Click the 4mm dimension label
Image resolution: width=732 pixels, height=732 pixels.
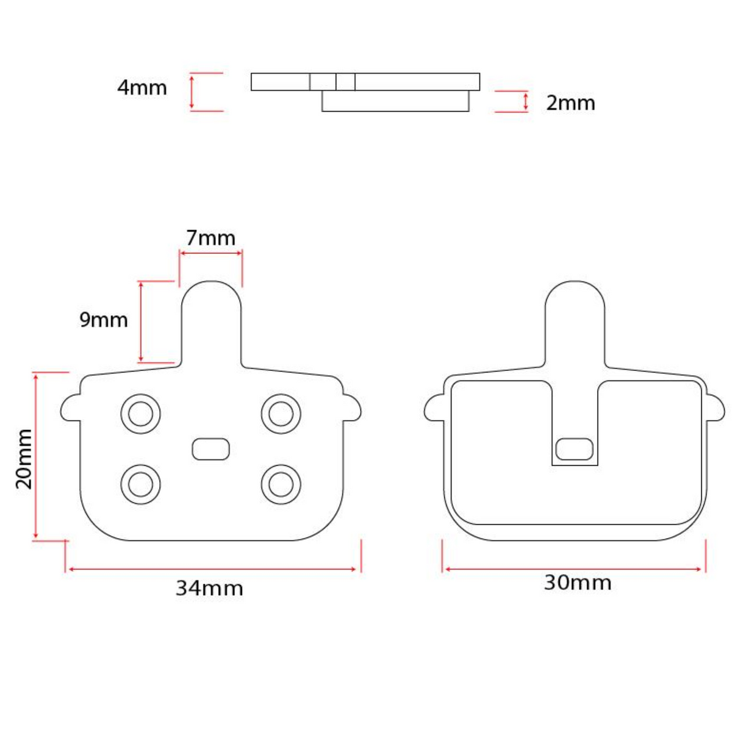(x=142, y=88)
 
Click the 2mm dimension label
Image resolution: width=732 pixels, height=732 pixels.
(x=570, y=103)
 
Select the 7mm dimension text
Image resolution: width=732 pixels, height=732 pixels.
(x=210, y=238)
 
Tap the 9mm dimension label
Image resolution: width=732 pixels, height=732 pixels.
(x=104, y=320)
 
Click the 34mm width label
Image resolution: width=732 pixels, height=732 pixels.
(x=209, y=588)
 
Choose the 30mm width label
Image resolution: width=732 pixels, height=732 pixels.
(x=577, y=583)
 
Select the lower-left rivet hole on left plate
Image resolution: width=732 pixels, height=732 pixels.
(x=141, y=484)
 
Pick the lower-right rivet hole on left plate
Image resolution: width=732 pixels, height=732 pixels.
(x=281, y=484)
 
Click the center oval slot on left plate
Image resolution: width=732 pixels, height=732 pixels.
(x=211, y=449)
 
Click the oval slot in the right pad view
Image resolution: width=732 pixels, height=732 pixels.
(x=575, y=449)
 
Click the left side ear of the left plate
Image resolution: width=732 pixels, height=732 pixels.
(x=70, y=407)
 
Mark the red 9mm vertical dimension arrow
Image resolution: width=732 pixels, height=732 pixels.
(x=141, y=321)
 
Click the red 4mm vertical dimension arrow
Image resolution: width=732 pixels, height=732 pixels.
(x=192, y=92)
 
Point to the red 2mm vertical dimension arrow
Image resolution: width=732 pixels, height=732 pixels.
(x=525, y=102)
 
